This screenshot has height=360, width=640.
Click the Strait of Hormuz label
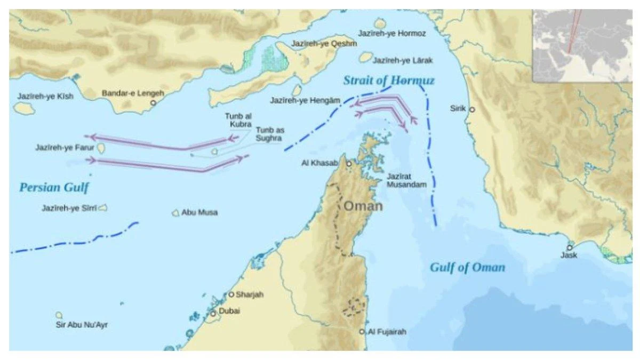click(x=389, y=81)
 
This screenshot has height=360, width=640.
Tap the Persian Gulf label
click(x=54, y=188)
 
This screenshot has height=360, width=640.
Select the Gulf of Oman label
click(x=467, y=268)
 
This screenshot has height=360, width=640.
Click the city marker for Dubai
click(x=213, y=314)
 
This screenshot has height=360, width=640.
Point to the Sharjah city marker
click(x=231, y=294)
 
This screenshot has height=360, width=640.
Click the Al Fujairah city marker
click(x=362, y=332)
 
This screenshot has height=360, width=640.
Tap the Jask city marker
click(x=570, y=247)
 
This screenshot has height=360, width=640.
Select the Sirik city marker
click(x=471, y=109)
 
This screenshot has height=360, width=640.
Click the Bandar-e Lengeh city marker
click(x=154, y=102)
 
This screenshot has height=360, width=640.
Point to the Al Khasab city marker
click(x=349, y=164)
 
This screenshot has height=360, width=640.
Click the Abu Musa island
click(x=175, y=213)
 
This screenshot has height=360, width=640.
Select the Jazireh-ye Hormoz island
click(x=380, y=23)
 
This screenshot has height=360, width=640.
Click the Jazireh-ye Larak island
click(x=365, y=57)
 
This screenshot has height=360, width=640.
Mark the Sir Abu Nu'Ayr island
click(x=59, y=315)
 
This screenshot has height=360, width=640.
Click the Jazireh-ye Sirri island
click(x=102, y=208)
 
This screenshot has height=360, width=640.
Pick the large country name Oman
click(x=363, y=206)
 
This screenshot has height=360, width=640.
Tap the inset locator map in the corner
click(x=582, y=45)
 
